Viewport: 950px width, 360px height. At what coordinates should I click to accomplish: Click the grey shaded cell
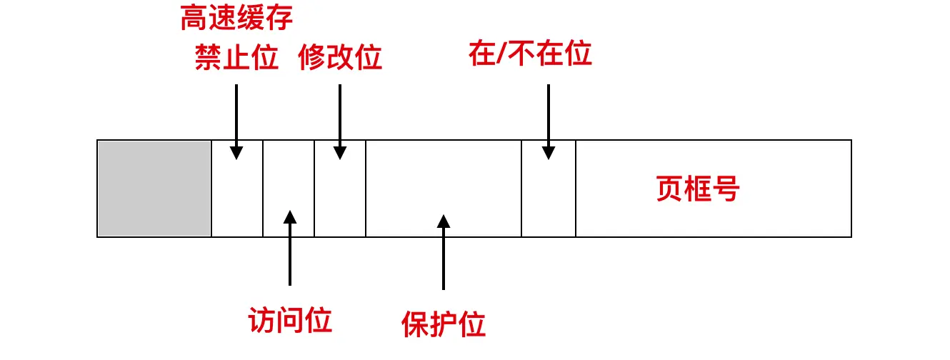click(154, 189)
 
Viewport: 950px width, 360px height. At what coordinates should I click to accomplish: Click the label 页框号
click(698, 189)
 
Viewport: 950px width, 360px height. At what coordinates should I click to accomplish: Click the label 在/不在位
click(531, 54)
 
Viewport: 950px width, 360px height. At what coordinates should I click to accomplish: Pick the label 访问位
click(290, 321)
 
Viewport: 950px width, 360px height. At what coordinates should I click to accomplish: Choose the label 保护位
click(444, 324)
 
